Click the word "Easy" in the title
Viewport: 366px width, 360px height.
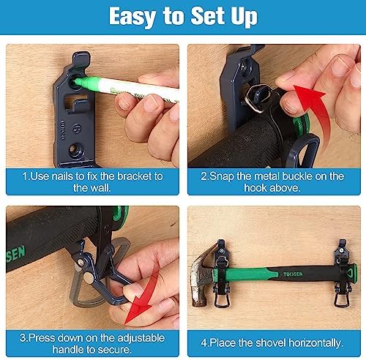(x=132, y=17)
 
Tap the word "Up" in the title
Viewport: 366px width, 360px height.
(x=244, y=17)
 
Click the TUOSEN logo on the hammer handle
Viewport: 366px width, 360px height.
(x=293, y=274)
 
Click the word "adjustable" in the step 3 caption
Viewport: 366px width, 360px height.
(x=141, y=338)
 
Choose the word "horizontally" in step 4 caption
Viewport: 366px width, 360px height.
(x=315, y=343)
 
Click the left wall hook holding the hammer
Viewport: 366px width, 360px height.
(x=221, y=273)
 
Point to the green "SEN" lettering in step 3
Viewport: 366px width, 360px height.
(x=15, y=254)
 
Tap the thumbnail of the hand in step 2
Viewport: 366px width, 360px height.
(x=289, y=107)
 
